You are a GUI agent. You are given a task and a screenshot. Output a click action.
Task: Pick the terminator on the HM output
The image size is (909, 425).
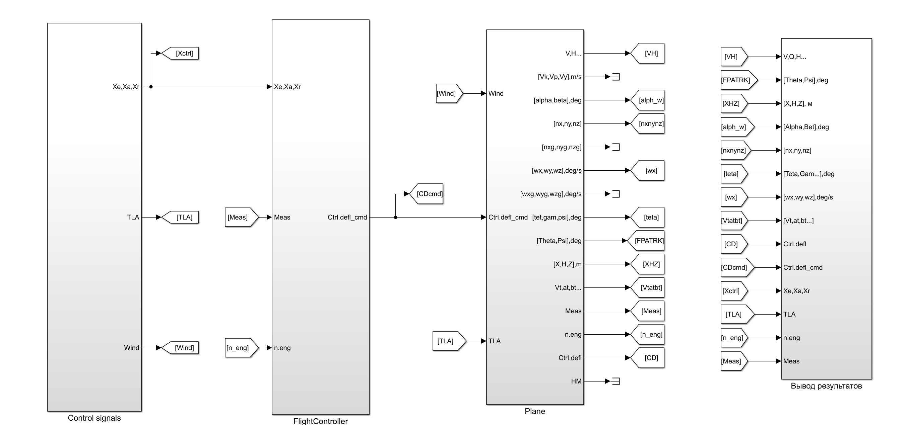(616, 381)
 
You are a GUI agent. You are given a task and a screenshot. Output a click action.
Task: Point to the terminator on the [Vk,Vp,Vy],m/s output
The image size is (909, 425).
(616, 77)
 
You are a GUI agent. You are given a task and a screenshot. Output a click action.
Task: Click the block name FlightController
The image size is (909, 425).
(320, 421)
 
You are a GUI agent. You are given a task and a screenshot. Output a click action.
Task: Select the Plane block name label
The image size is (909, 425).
(535, 411)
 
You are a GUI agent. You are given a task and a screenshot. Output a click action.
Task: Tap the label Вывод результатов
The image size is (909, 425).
(826, 386)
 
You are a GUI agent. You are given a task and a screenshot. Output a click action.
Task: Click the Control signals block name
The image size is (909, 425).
(94, 418)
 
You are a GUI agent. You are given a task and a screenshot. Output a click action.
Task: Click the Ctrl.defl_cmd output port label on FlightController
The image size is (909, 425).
(347, 218)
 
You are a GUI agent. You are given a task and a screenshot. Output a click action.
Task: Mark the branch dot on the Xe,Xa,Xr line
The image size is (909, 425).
(151, 87)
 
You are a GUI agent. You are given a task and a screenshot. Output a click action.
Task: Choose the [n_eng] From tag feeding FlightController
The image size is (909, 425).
(240, 348)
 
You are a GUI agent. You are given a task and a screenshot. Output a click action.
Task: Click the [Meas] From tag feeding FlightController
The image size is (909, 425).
(240, 218)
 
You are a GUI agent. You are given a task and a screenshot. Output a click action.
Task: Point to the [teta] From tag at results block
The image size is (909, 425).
(732, 174)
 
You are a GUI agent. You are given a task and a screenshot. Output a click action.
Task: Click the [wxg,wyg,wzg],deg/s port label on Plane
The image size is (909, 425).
(550, 194)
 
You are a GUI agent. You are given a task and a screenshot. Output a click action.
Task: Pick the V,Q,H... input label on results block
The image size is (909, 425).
(795, 57)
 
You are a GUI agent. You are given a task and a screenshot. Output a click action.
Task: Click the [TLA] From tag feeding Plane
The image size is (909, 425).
(447, 341)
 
